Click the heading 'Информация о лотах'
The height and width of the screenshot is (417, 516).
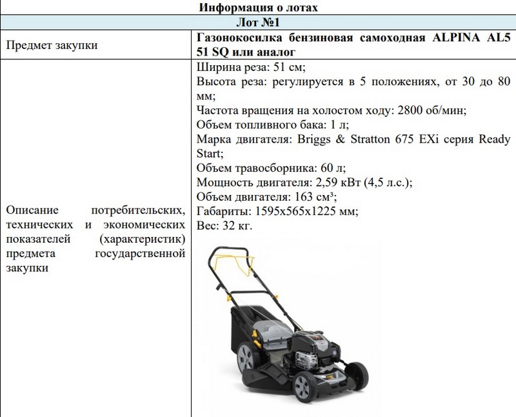coord(258,8)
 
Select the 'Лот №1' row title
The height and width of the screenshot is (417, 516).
coord(258,23)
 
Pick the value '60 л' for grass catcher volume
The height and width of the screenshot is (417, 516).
coord(319,168)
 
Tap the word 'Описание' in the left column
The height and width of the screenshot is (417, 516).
coord(32,211)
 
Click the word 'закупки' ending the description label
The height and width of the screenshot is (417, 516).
coord(26,268)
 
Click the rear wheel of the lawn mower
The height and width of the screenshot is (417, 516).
coord(248,354)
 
